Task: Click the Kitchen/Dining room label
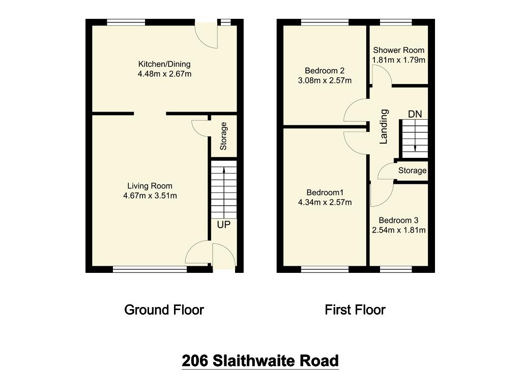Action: coord(164,64)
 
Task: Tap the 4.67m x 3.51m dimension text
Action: coord(150,196)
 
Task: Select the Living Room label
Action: coord(150,186)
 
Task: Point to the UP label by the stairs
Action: coord(224,225)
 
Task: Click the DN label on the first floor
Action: coord(415,114)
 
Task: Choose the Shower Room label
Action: coord(398,50)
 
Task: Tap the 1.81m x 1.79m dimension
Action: coord(398,60)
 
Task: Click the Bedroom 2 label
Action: coord(325,70)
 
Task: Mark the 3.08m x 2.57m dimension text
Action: coord(325,80)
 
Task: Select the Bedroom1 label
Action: coord(325,192)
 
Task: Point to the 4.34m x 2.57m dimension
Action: coord(325,202)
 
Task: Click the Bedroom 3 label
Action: coord(398,220)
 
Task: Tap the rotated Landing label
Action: coord(384,127)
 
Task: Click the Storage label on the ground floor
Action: coord(223,136)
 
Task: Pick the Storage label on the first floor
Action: coord(412,171)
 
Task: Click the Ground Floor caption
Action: coord(164,310)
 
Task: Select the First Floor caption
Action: coord(355,310)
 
